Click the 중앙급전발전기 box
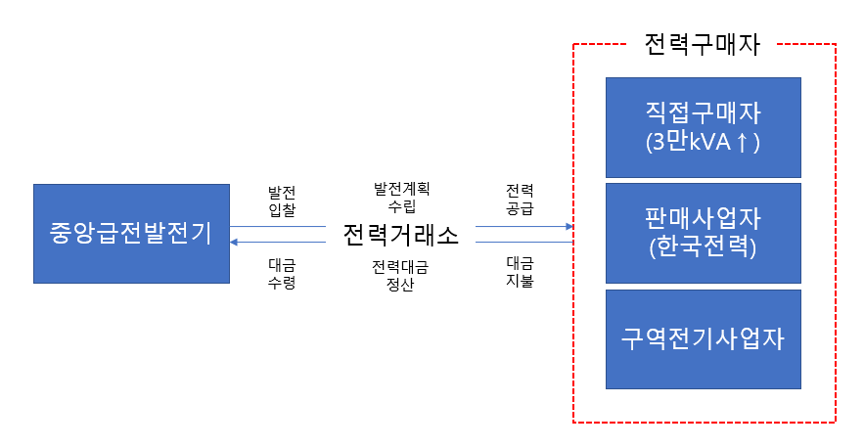131,234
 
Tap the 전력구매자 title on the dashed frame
703,44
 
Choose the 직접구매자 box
703,127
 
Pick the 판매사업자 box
703,233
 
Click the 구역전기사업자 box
703,338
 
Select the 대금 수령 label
282,273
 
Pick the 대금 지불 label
520,273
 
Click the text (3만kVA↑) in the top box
703,142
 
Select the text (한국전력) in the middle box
703,247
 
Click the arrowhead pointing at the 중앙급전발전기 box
235,241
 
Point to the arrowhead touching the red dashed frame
568,227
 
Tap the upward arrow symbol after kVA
742,142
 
